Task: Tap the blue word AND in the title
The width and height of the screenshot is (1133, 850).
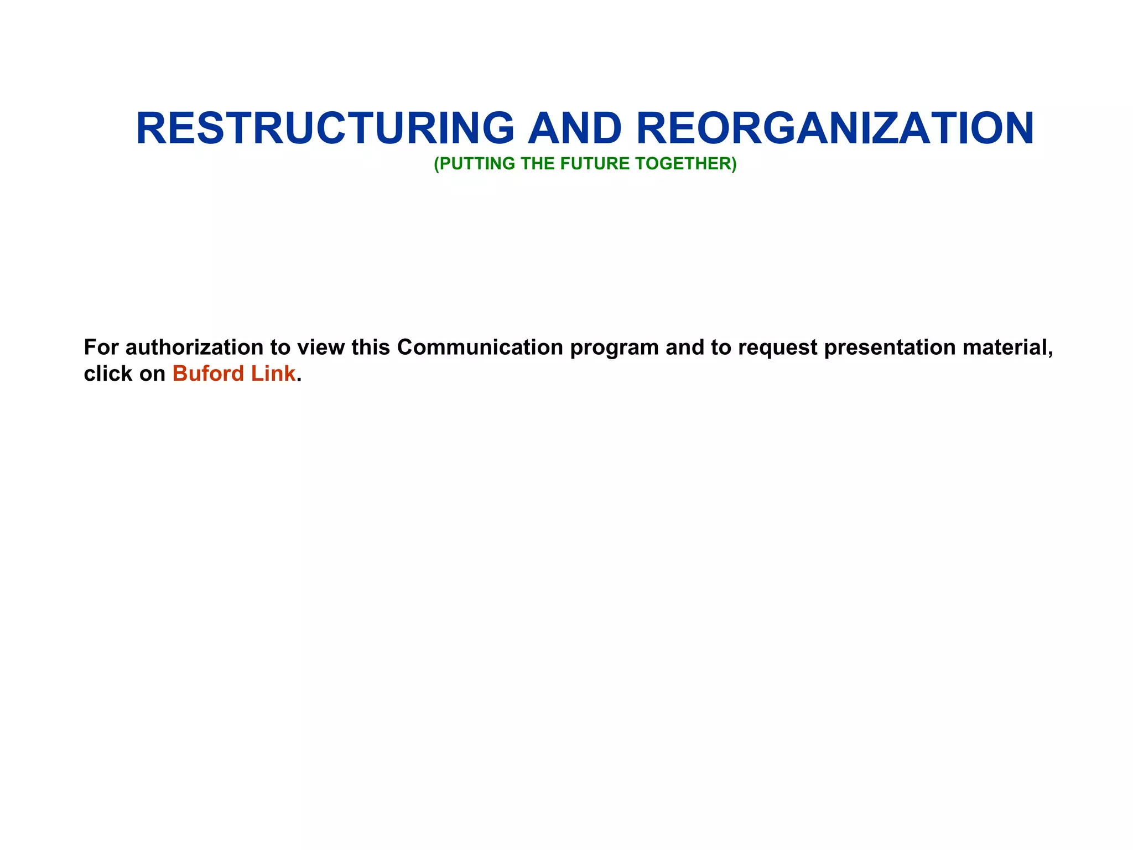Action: point(575,128)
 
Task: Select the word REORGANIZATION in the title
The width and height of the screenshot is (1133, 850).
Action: point(835,128)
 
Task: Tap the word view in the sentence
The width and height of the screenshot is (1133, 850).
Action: point(321,348)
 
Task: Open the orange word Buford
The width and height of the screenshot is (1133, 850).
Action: point(208,374)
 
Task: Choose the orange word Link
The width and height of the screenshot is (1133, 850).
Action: point(273,374)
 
